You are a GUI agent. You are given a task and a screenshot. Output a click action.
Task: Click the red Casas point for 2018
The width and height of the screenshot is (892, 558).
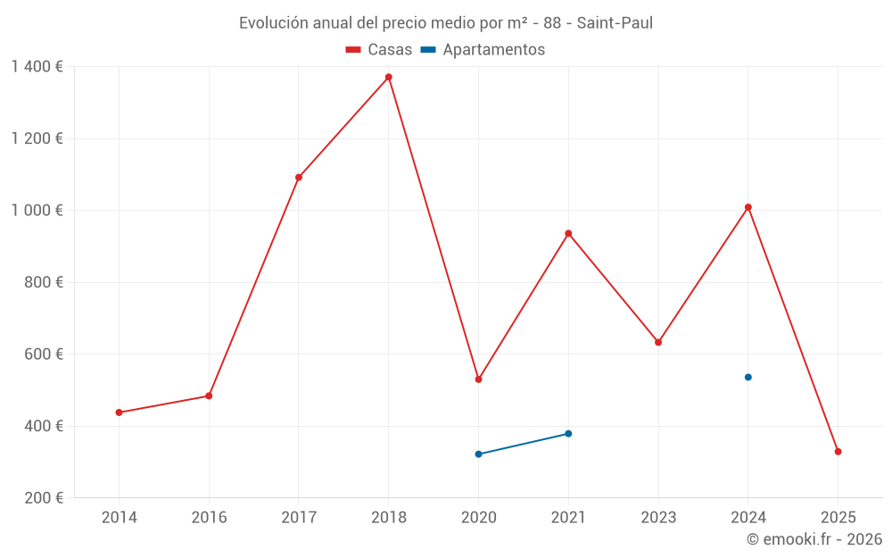(x=388, y=77)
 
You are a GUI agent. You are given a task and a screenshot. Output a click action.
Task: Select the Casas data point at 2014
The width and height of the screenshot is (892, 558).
(x=119, y=412)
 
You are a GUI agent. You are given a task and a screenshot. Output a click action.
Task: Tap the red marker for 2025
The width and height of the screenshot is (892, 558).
(x=838, y=452)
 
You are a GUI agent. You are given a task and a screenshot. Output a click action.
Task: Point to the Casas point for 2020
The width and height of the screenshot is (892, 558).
(x=478, y=379)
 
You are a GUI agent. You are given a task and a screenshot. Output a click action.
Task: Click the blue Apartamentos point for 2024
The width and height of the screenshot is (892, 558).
(x=747, y=377)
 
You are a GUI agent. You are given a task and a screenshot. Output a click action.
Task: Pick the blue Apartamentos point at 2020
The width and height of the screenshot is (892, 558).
(x=478, y=454)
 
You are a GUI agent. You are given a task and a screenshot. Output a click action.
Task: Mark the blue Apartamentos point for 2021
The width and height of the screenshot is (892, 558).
(x=568, y=434)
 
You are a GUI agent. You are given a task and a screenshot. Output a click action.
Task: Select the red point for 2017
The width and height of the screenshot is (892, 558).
(x=299, y=178)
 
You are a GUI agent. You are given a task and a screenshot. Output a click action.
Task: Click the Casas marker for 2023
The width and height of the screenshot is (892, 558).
(x=658, y=342)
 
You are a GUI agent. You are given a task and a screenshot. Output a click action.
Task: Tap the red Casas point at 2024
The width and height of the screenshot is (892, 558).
(x=747, y=207)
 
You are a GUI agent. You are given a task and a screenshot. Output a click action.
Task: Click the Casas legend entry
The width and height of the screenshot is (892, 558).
(x=379, y=50)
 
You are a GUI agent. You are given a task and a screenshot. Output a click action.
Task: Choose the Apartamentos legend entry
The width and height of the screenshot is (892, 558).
(x=483, y=50)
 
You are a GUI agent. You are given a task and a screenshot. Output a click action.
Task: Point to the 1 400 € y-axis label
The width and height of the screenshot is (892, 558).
(x=37, y=67)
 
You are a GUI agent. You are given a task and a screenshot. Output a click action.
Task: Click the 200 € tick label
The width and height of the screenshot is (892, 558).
(x=45, y=497)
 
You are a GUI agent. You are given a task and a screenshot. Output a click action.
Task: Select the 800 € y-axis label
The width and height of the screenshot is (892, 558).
(x=45, y=282)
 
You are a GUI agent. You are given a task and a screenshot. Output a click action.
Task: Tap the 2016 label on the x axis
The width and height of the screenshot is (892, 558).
(x=209, y=518)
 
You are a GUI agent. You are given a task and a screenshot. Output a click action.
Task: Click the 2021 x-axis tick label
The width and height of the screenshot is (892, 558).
(x=568, y=518)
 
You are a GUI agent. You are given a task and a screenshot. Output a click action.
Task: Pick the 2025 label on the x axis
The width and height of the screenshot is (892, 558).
(x=838, y=518)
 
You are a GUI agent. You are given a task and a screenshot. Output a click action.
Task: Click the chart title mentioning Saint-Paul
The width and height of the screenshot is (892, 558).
(x=446, y=23)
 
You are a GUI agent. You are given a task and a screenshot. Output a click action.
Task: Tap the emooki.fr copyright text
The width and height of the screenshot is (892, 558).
(x=814, y=539)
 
